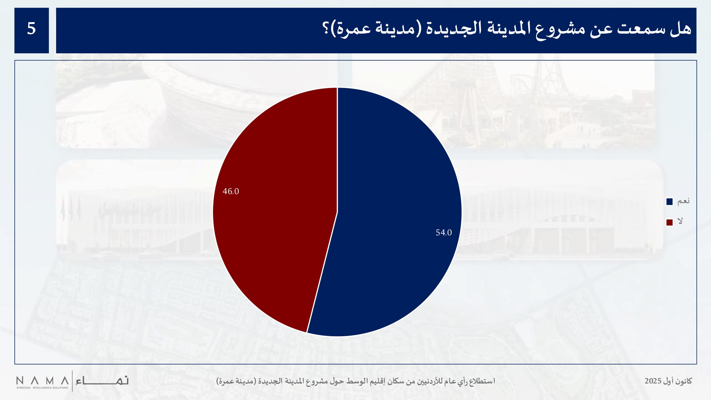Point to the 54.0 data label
444,233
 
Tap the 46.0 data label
231,191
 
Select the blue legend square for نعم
669,202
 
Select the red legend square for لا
669,222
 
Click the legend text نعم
683,201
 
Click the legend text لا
680,221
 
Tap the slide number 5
31,29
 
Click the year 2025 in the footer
653,381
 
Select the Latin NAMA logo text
42,381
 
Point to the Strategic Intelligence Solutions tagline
42,388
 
